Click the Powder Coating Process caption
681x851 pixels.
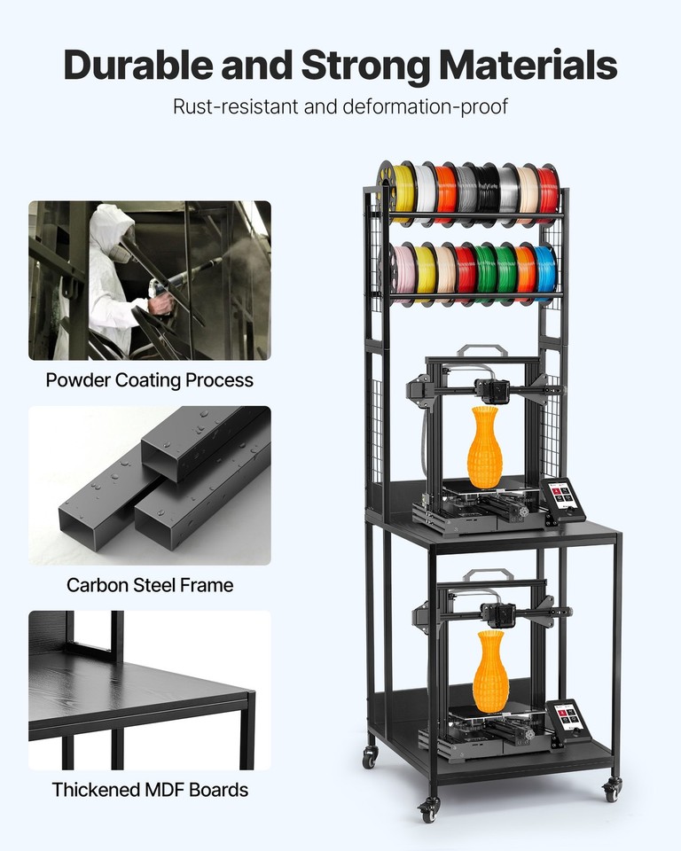coord(150,380)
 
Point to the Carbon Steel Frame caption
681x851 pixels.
coord(150,585)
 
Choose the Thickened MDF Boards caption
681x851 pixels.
coord(150,789)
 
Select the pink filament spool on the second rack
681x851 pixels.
coord(404,272)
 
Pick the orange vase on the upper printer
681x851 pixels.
coord(484,447)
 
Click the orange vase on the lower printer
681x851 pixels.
coord(489,671)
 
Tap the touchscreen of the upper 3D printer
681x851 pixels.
coord(563,497)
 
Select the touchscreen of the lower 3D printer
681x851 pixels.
coord(569,719)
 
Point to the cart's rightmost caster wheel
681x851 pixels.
coord(612,788)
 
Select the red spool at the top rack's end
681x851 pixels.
coord(548,191)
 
